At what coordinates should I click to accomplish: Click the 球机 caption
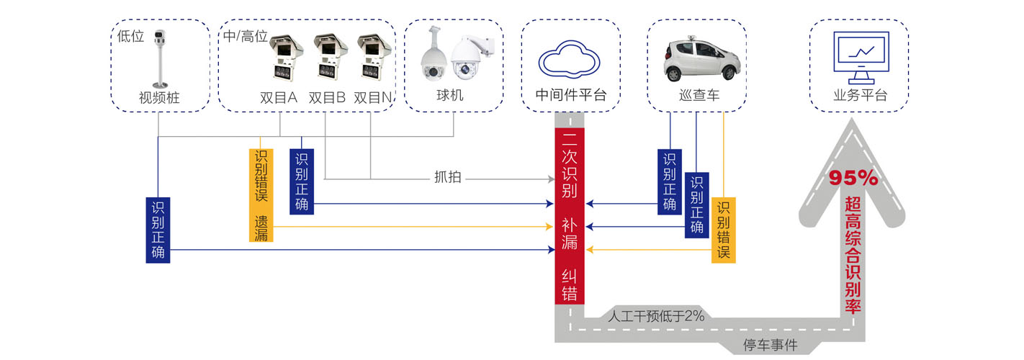454,96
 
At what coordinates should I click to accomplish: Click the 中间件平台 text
571,96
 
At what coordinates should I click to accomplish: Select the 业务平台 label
859,96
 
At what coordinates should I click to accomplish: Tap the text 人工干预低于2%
655,315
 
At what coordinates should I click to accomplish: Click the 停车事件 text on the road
770,345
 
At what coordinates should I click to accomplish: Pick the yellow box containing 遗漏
261,195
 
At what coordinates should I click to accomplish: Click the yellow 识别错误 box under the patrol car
723,230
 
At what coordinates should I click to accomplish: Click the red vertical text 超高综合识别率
853,256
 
